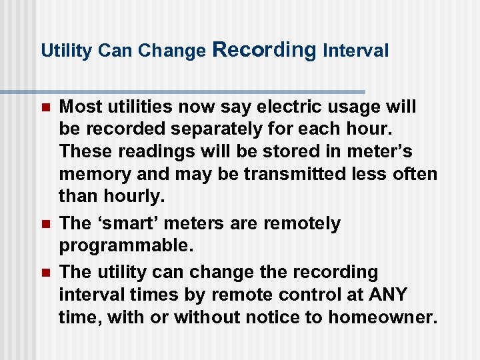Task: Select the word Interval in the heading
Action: click(x=355, y=51)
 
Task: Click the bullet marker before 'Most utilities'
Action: click(x=45, y=107)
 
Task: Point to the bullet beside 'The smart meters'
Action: click(x=45, y=224)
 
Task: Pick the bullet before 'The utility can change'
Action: click(x=45, y=273)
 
